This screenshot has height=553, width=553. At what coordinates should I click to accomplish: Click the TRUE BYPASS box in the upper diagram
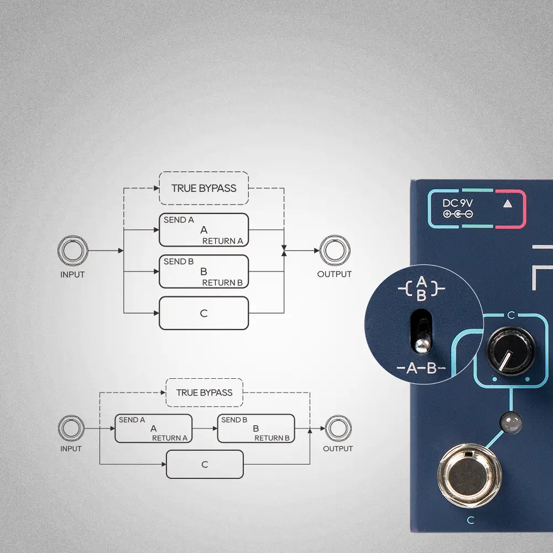tap(204, 188)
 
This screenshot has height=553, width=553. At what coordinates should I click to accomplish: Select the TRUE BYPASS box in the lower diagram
tap(204, 393)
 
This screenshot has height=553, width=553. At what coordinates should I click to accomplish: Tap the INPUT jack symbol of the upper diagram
tap(73, 251)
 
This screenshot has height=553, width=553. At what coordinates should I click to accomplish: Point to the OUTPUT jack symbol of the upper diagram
tap(334, 251)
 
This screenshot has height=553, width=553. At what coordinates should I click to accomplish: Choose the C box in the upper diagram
tap(204, 313)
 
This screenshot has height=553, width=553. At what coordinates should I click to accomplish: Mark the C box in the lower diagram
tap(205, 464)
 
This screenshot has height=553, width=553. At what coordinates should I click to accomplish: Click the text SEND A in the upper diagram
tap(179, 220)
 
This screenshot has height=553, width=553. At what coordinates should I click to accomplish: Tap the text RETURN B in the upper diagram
tap(222, 283)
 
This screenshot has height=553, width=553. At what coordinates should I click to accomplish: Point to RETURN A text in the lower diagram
tap(170, 438)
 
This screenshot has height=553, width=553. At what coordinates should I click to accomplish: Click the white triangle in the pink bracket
tap(507, 204)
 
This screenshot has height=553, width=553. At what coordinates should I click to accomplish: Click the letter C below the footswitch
tap(471, 520)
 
